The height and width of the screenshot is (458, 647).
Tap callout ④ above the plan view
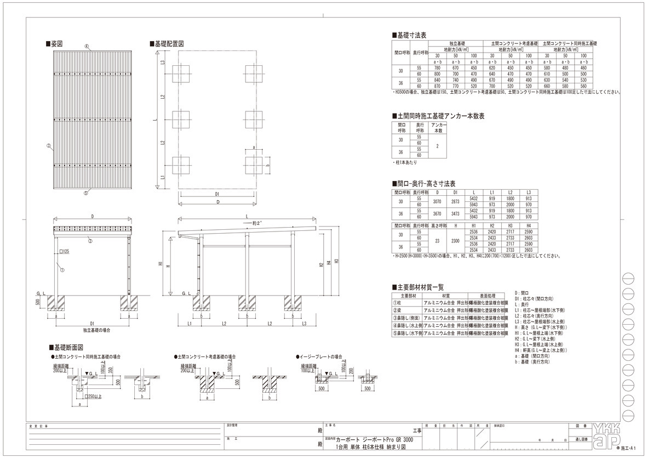pyautogui.click(x=87, y=46)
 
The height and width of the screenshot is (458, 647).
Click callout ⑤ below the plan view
pyautogui.click(x=86, y=193)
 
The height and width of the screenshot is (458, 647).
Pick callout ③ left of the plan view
pyautogui.click(x=48, y=146)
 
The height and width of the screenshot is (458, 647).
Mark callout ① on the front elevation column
pyautogui.click(x=62, y=270)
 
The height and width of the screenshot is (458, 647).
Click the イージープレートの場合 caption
pyautogui.click(x=320, y=357)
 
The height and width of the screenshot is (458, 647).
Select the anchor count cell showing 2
pyautogui.click(x=436, y=146)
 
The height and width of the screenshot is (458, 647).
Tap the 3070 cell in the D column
pyautogui.click(x=437, y=202)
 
